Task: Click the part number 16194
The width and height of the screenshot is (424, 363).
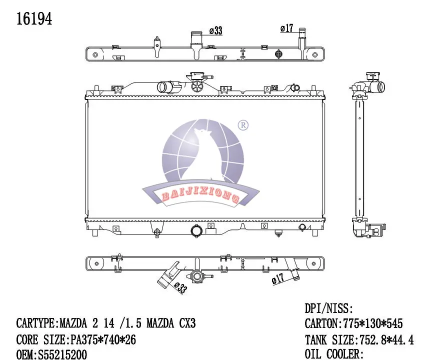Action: click(x=34, y=18)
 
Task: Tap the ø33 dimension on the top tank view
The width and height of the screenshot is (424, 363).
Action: click(x=215, y=31)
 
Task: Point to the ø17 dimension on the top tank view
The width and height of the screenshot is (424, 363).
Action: click(x=286, y=28)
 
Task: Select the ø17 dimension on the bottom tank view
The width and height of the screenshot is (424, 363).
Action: click(x=278, y=279)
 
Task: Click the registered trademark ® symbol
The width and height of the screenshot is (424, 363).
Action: click(x=242, y=124)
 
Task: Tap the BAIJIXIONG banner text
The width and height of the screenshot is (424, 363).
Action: click(x=200, y=196)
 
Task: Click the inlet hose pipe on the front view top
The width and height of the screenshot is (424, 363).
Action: click(x=164, y=87)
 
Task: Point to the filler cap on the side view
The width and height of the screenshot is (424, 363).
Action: click(x=372, y=77)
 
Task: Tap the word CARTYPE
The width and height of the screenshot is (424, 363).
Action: click(x=37, y=323)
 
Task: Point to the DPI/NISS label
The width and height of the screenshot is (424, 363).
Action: click(x=329, y=308)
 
